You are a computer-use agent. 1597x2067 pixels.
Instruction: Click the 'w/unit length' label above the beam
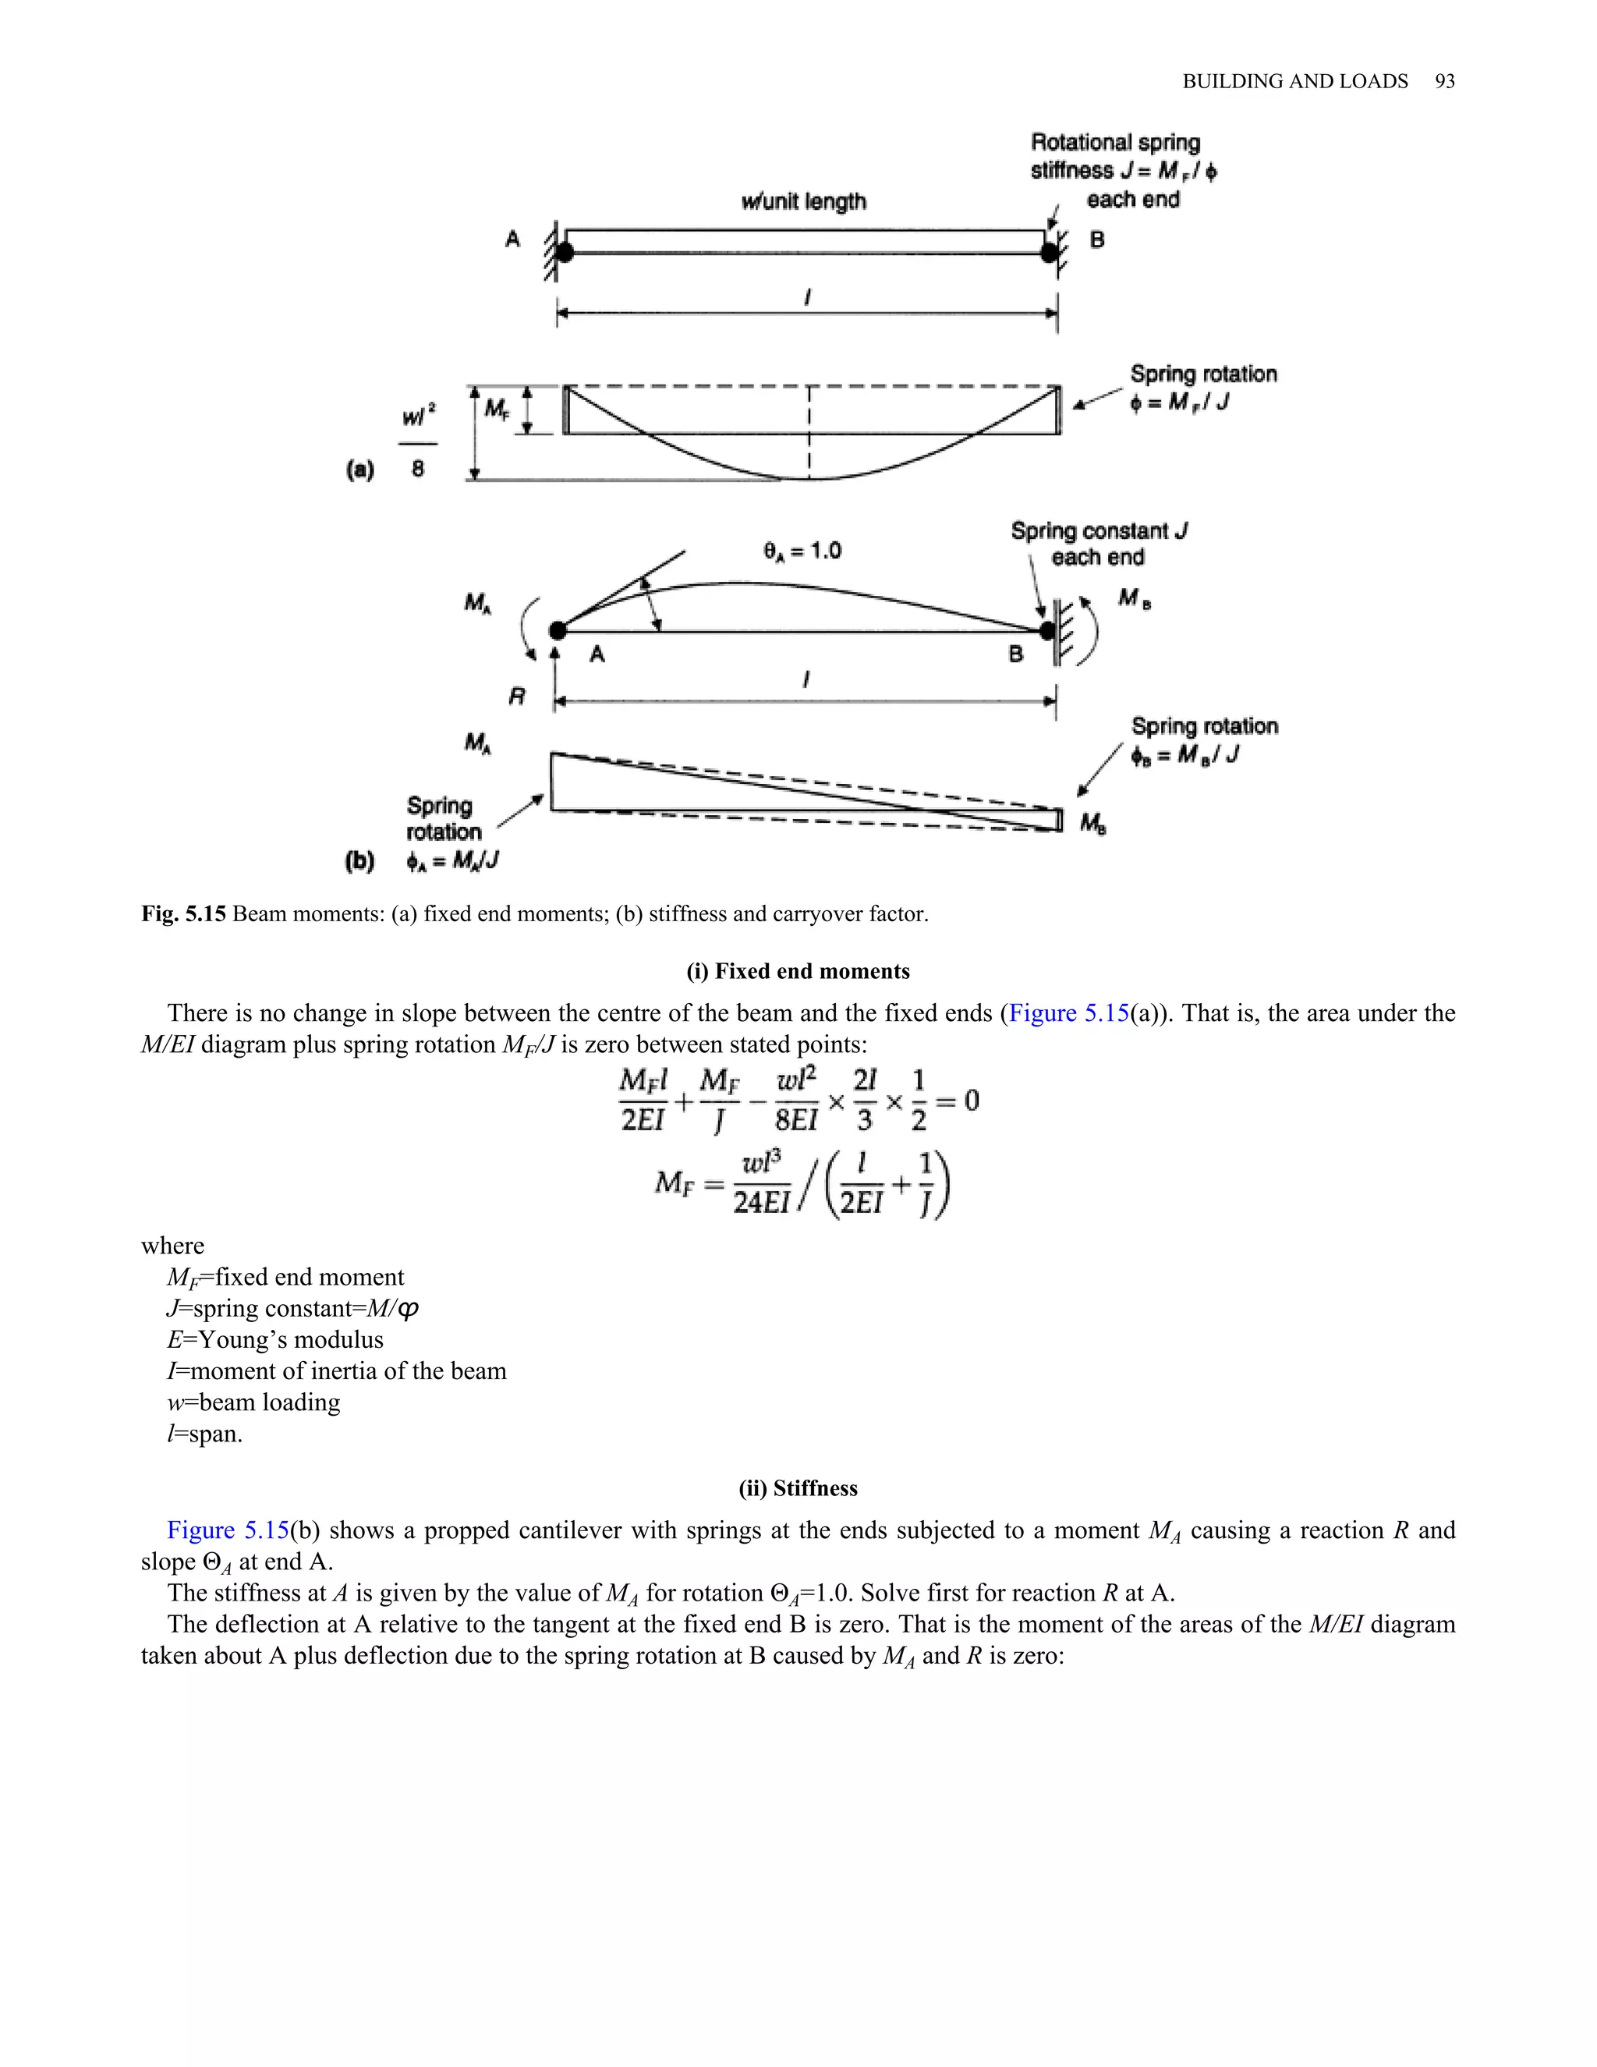[x=803, y=201]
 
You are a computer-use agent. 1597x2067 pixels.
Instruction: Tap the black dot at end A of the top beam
[x=565, y=253]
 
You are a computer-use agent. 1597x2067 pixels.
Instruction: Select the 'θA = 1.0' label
[x=802, y=551]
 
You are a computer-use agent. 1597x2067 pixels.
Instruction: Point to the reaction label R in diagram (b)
[x=516, y=697]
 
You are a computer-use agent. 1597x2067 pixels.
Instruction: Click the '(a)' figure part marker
[x=360, y=470]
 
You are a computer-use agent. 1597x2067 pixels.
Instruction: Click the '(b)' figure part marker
[x=359, y=861]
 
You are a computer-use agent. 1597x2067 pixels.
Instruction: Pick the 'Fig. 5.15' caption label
[x=183, y=914]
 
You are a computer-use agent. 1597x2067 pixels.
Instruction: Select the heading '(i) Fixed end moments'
[x=798, y=972]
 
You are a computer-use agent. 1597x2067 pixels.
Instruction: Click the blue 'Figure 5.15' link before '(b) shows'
[x=227, y=1530]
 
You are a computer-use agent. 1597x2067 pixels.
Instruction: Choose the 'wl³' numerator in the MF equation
[x=762, y=1161]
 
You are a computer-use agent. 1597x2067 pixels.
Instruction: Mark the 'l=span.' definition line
[x=204, y=1434]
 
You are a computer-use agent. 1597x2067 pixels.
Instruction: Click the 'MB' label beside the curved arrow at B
[x=1133, y=598]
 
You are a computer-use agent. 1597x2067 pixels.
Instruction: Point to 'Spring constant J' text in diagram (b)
[x=1099, y=531]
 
